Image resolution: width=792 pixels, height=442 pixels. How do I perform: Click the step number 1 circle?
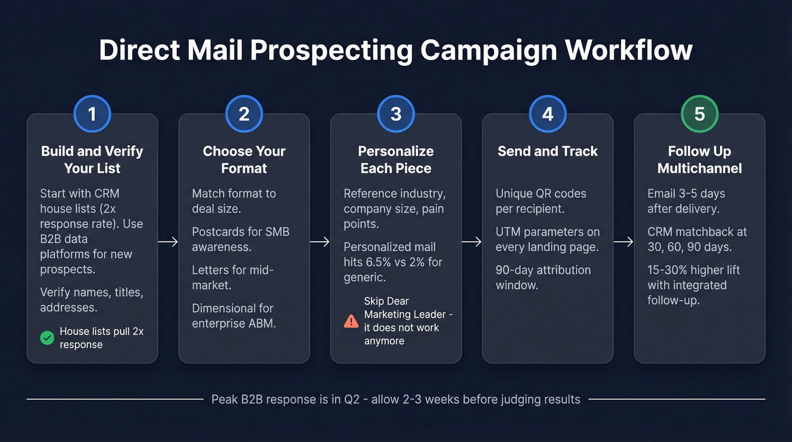click(92, 114)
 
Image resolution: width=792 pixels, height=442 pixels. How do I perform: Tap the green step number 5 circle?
click(699, 114)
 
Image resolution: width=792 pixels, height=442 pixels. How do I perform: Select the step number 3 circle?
click(395, 114)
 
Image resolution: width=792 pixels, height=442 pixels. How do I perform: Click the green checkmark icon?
click(47, 338)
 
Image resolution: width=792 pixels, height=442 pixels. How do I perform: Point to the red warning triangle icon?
click(351, 321)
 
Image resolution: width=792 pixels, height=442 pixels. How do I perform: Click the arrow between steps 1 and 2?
click(168, 242)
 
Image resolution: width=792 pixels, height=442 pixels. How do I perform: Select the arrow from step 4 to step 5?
click(623, 242)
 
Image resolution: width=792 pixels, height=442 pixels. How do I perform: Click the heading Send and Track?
click(547, 151)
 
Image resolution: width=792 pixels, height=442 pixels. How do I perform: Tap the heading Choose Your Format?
click(244, 160)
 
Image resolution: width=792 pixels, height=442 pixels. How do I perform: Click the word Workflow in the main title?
click(629, 50)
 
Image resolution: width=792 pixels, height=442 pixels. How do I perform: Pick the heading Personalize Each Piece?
click(395, 160)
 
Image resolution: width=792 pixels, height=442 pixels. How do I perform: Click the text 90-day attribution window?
click(543, 277)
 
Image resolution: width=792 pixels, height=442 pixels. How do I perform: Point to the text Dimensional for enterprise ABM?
click(234, 316)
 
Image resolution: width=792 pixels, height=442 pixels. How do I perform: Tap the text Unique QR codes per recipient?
click(541, 201)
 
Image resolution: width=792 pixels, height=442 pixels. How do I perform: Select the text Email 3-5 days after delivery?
click(687, 201)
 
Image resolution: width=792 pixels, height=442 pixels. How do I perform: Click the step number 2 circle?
click(244, 114)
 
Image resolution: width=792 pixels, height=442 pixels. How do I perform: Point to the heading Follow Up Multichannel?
click(699, 160)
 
